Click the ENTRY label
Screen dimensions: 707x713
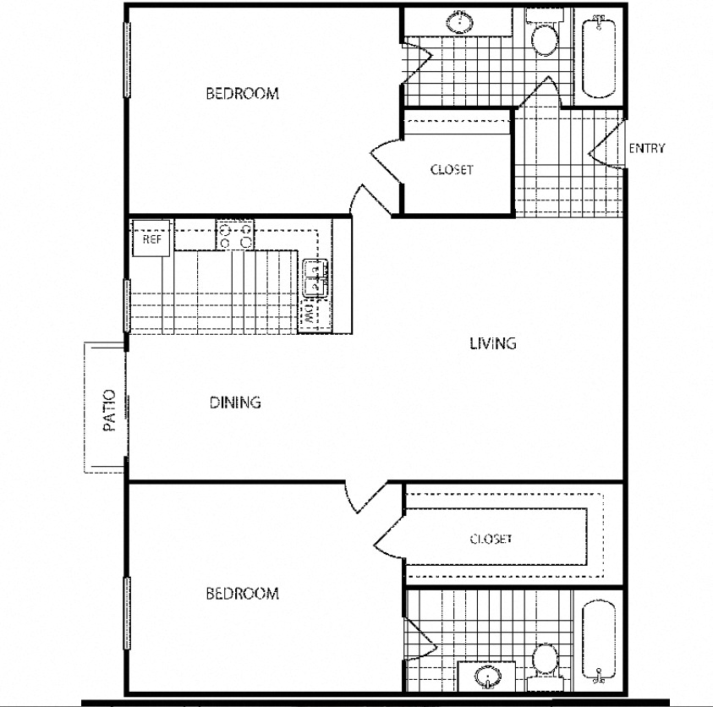pos(647,149)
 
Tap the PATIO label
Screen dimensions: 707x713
pos(108,410)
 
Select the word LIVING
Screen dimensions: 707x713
pos(493,343)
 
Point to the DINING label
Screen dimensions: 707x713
pos(235,403)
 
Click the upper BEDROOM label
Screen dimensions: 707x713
pos(242,94)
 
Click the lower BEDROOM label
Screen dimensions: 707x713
pos(242,594)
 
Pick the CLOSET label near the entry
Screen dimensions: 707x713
pos(452,169)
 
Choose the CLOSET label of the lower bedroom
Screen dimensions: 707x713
pos(491,539)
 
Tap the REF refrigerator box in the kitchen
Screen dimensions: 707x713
pos(151,238)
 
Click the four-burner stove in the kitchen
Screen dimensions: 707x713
pos(235,234)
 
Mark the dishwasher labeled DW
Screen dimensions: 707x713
pos(310,315)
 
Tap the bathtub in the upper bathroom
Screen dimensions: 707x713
pos(599,56)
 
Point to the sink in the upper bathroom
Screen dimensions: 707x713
pos(461,23)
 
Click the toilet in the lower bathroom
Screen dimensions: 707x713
pos(544,659)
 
